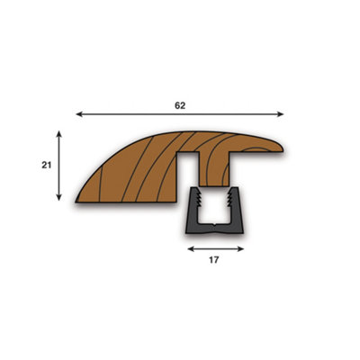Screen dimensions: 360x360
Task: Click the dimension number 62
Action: pyautogui.click(x=180, y=105)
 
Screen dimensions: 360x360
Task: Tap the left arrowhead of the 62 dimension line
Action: pyautogui.click(x=79, y=114)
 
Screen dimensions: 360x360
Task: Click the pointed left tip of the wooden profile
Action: pyautogui.click(x=79, y=196)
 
